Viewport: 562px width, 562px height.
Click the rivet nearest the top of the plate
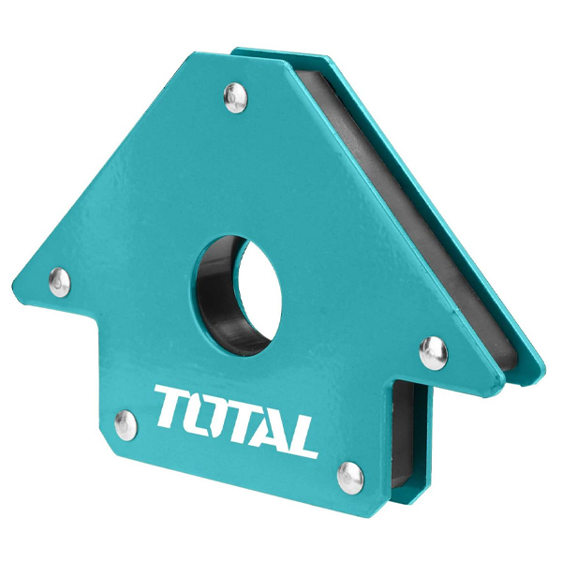click(x=235, y=97)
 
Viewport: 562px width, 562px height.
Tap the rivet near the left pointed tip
click(x=60, y=282)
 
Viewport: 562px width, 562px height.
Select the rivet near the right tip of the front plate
click(x=434, y=353)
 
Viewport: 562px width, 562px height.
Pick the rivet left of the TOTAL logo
click(x=126, y=425)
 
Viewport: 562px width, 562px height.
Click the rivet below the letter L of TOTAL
click(x=350, y=478)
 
